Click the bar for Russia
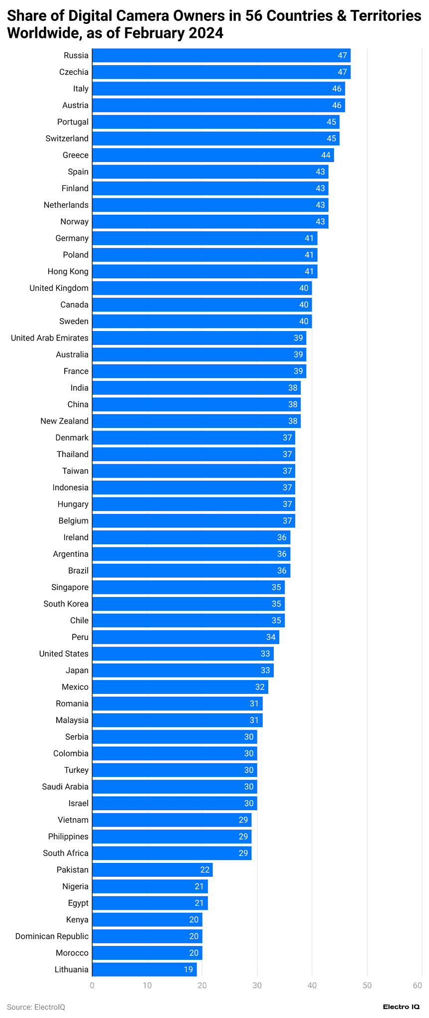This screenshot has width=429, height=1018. point(221,55)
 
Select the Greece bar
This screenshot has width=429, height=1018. point(213,155)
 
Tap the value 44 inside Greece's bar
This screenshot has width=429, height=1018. point(325,155)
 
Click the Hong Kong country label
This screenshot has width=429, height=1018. point(68,271)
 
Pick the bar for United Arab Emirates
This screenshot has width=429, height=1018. point(199,338)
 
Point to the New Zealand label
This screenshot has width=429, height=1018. point(64,421)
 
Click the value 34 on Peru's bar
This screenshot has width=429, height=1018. point(271,637)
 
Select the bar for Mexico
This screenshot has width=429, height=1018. point(180,687)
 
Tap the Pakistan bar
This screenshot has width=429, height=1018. point(152,870)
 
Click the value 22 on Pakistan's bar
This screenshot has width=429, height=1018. point(205,870)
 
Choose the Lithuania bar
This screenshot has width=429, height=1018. point(144,969)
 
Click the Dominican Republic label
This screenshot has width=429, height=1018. point(52,936)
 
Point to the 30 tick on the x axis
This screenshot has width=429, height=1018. point(257,985)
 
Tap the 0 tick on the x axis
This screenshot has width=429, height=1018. point(92,985)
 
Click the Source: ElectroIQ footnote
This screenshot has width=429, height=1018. point(36,1007)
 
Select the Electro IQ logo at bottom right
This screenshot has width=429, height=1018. point(401,1007)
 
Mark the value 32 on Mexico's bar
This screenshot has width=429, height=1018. point(260,687)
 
